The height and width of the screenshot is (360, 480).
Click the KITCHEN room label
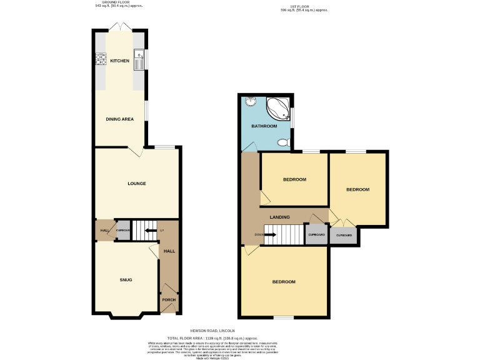119,61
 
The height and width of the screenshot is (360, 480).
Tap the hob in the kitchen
100,61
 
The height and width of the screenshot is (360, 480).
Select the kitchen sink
139,61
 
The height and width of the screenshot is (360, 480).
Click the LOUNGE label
136,183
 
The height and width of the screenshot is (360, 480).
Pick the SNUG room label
127,279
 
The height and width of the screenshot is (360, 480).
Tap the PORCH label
169,300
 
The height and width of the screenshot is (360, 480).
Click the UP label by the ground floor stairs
162,231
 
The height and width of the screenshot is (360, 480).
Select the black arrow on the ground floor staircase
151,231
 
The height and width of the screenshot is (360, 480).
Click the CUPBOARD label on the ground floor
122,231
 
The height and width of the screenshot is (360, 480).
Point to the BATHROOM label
264,126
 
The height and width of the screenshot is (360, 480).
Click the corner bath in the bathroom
278,109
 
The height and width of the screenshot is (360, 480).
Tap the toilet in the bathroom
282,143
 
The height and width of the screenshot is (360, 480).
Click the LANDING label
279,217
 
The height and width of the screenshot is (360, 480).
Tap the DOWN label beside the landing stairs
259,235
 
